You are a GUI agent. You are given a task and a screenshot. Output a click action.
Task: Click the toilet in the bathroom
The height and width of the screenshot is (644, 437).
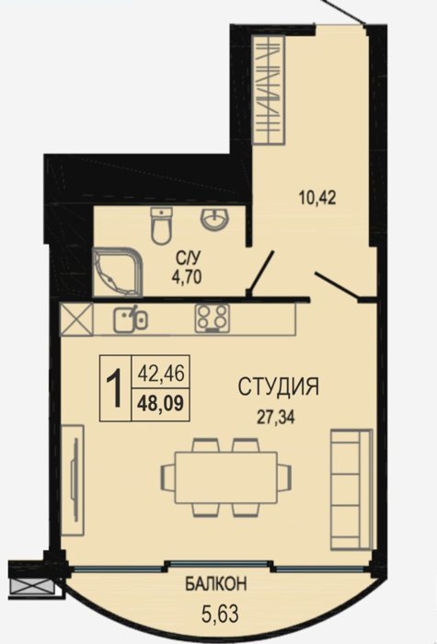(161, 225)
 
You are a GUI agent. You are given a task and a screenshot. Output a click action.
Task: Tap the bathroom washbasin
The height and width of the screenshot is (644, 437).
(213, 218)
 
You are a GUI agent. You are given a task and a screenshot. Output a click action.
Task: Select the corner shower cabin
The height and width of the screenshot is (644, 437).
(117, 272)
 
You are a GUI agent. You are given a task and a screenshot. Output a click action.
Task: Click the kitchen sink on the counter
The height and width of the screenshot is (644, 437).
(131, 319)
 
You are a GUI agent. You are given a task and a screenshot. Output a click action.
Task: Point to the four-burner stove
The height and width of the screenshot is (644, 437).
(212, 318)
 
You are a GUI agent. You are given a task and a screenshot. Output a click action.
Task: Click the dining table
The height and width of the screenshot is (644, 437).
(226, 477)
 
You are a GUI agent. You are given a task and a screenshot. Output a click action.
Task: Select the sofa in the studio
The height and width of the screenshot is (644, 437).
(351, 489)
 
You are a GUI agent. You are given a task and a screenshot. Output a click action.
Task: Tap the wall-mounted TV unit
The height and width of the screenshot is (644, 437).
(73, 480)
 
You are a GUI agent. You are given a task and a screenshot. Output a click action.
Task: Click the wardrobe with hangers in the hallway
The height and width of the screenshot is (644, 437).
(269, 89)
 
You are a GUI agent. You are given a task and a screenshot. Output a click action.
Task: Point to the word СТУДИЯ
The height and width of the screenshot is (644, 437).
(279, 387)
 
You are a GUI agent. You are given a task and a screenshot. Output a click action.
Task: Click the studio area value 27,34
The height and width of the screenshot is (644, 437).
(276, 418)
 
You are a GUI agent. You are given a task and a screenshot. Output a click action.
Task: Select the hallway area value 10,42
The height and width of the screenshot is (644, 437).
(317, 198)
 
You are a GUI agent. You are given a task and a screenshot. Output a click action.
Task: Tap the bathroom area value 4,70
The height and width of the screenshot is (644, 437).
(187, 278)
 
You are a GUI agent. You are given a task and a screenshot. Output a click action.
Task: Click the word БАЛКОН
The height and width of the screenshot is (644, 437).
(216, 583)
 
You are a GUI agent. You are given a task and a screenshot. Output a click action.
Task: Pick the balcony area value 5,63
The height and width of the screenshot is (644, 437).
(220, 615)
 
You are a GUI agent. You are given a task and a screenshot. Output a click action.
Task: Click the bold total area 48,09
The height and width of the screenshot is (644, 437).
(161, 404)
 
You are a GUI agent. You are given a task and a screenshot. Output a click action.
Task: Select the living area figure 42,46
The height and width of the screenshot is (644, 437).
(161, 374)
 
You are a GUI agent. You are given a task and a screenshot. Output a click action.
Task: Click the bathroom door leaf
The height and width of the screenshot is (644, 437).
(262, 270)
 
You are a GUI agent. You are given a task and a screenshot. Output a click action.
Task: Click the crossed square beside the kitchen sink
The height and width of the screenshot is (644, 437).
(76, 319)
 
